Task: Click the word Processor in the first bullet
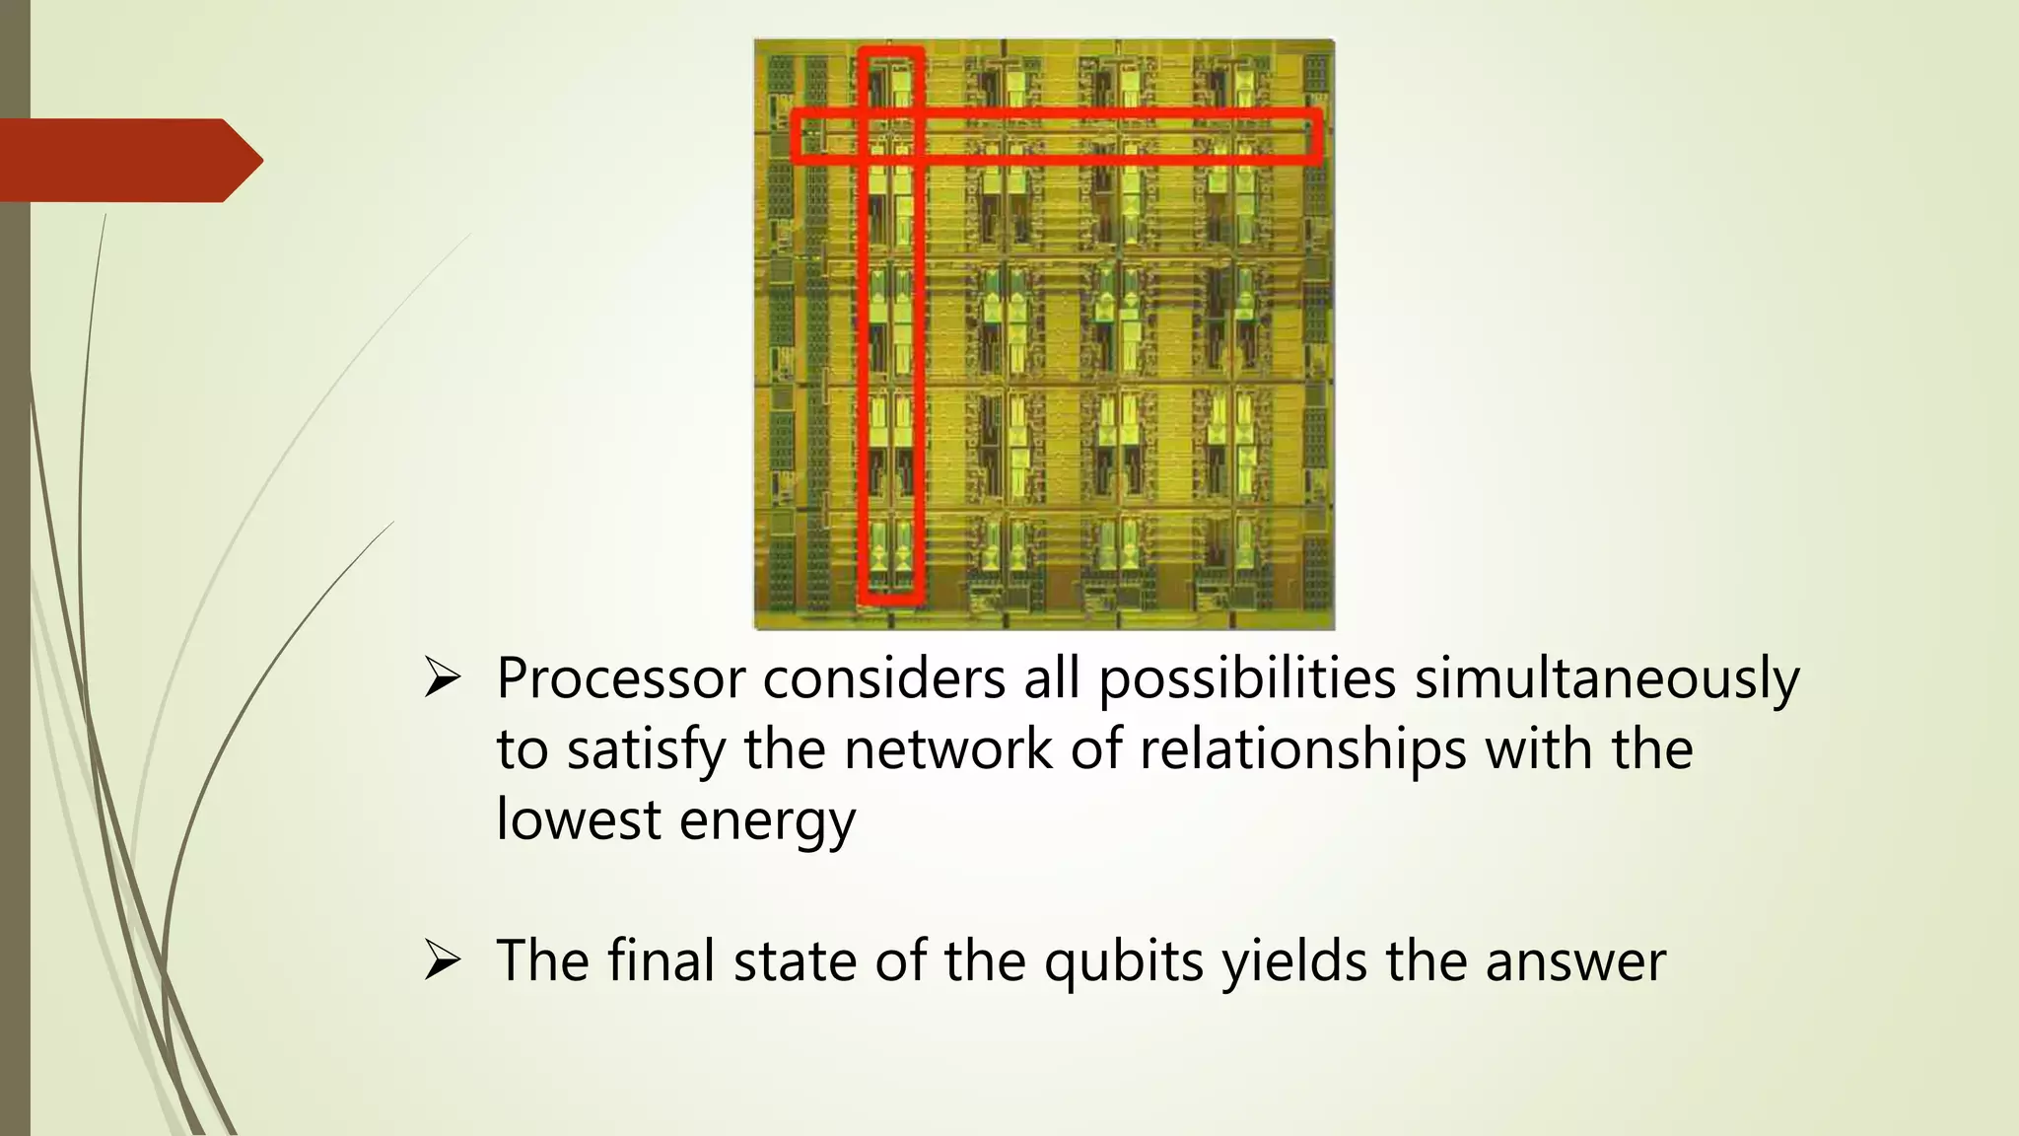point(620,678)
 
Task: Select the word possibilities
point(1247,678)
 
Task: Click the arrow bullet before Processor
point(443,678)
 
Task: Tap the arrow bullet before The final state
point(443,960)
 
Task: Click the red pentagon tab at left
point(128,160)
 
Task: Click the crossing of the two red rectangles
point(891,135)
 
